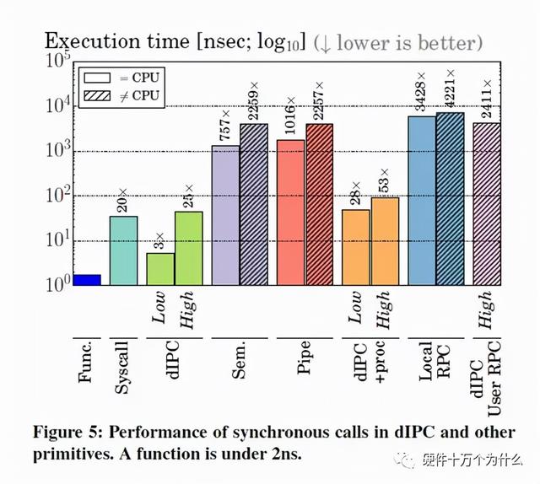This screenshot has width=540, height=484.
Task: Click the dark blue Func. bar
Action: [88, 280]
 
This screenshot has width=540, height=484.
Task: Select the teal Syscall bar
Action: [123, 250]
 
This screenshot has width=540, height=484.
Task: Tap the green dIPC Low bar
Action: [160, 269]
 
